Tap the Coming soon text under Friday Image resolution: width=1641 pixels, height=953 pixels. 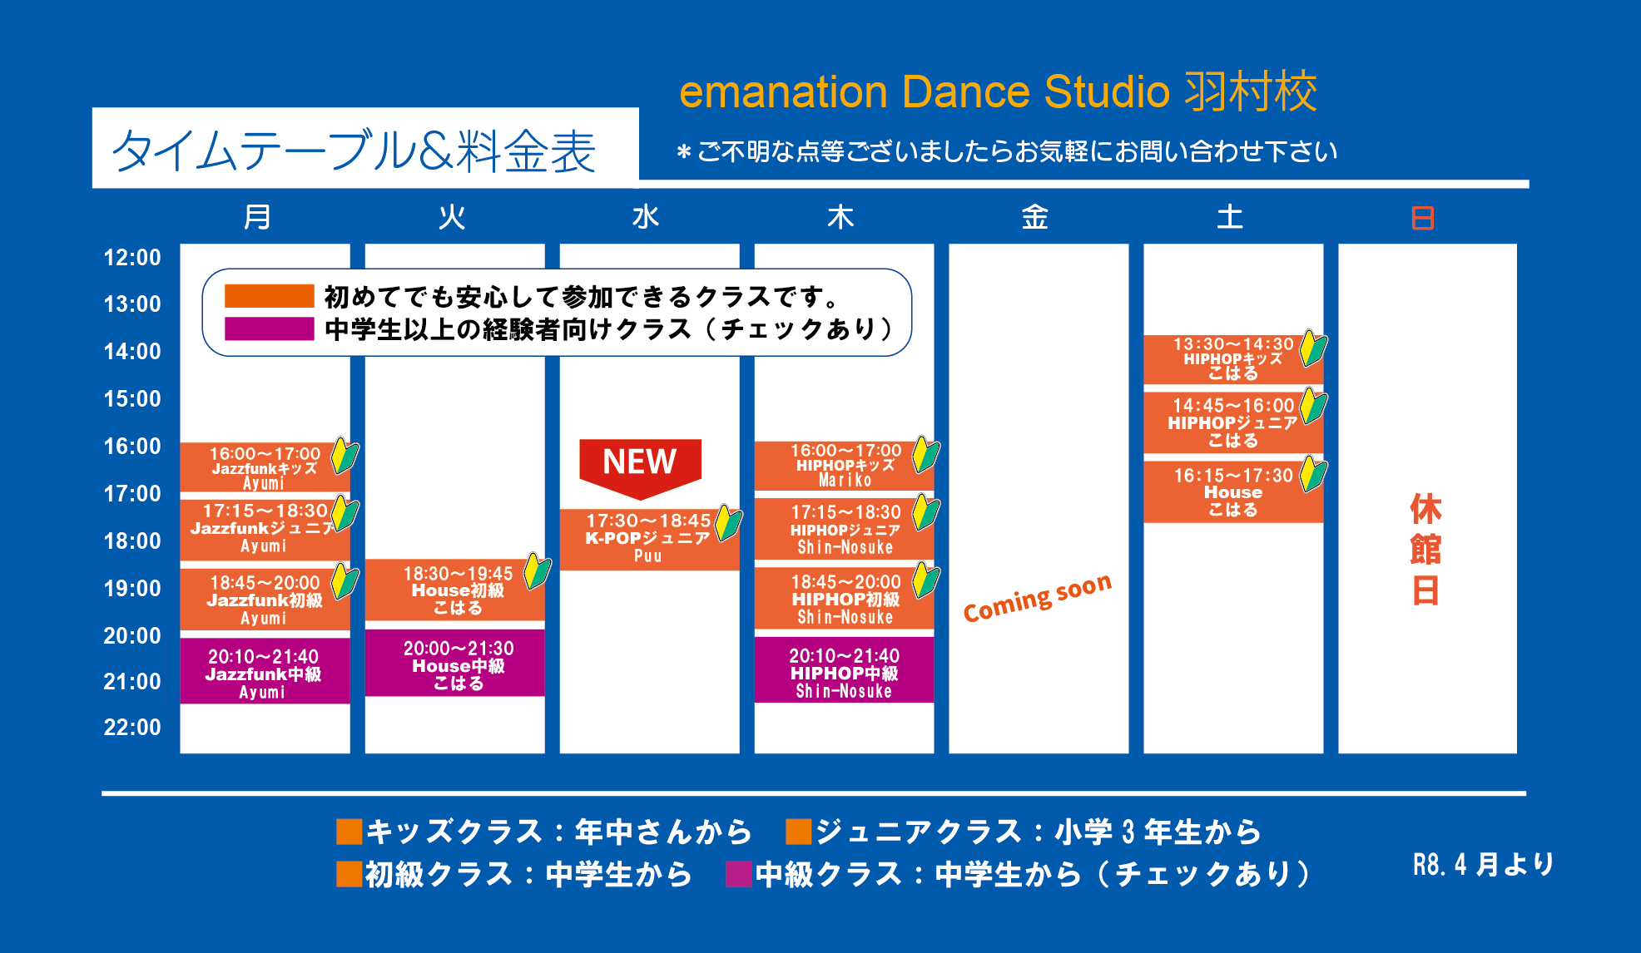click(1038, 597)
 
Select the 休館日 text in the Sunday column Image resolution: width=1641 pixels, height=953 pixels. click(1425, 550)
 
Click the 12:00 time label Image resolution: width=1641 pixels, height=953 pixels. click(132, 258)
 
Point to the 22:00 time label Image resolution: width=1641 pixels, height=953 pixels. click(132, 728)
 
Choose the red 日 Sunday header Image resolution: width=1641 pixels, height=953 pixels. click(1423, 218)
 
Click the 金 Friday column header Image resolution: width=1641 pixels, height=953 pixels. click(1034, 217)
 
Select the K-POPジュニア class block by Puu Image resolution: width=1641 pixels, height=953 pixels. click(649, 540)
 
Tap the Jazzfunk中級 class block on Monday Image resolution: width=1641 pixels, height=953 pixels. click(265, 671)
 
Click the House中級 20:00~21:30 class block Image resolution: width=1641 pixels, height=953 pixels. click(454, 663)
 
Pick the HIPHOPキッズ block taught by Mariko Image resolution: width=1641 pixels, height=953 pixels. click(844, 467)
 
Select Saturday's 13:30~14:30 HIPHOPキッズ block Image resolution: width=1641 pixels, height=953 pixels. click(1233, 359)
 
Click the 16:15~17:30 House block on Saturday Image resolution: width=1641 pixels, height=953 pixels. click(1233, 492)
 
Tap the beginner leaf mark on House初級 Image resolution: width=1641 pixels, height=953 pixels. click(537, 572)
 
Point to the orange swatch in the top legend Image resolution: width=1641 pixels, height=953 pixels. click(269, 296)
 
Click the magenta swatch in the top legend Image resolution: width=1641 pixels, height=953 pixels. click(269, 328)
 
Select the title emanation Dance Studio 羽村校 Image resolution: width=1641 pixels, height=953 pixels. click(999, 91)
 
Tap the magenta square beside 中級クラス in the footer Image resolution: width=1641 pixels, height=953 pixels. click(738, 874)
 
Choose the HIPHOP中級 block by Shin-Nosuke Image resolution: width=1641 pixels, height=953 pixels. click(844, 670)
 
